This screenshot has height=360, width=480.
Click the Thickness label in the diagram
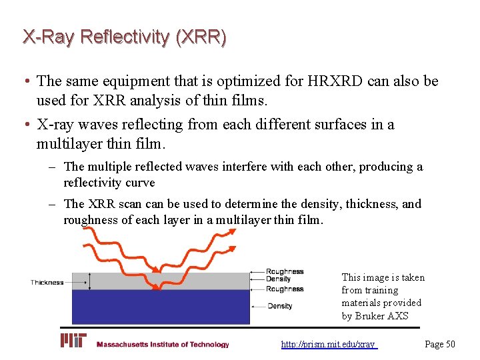click(47, 283)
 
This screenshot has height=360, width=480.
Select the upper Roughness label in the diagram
click(285, 272)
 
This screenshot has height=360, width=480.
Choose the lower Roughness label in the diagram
click(285, 289)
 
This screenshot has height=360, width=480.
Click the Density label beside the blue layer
click(280, 306)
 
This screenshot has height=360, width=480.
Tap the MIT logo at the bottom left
click(74, 341)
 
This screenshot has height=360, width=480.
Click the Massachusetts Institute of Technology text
click(163, 345)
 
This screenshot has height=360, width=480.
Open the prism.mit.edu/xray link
click(329, 345)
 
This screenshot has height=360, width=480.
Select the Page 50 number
click(440, 344)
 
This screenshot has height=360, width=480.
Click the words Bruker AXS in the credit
click(383, 316)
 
